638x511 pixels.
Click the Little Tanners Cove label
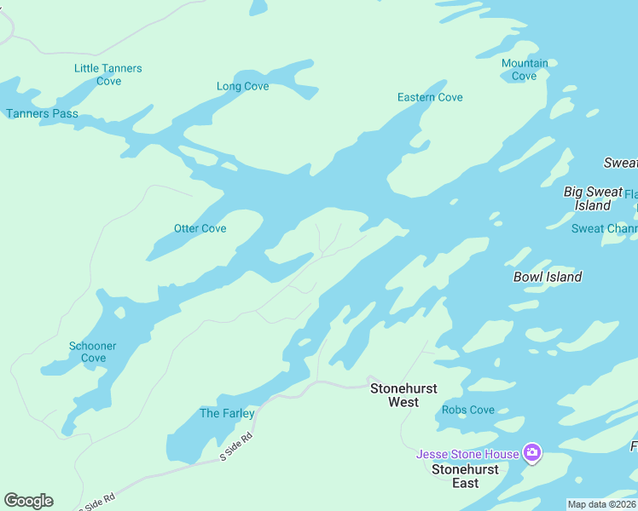[108, 75]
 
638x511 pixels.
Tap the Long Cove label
[242, 86]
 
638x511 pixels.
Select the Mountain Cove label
[525, 70]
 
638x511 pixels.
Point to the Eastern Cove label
[430, 97]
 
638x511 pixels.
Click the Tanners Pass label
[42, 113]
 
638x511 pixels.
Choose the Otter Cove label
[200, 228]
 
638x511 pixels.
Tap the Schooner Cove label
[93, 352]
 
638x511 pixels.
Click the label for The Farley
[227, 413]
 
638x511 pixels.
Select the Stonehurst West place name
[403, 395]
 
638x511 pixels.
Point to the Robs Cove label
[468, 410]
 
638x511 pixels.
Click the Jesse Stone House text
[467, 454]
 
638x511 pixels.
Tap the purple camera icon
[532, 453]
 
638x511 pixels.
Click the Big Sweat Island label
[593, 198]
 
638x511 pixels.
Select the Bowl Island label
[548, 277]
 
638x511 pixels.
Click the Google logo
[28, 501]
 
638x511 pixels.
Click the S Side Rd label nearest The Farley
[237, 448]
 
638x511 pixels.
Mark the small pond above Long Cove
[258, 7]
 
